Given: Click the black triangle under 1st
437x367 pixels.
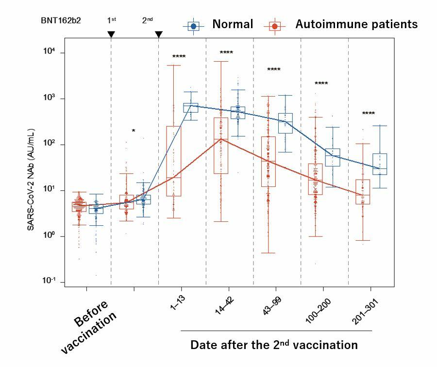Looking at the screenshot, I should (x=111, y=34).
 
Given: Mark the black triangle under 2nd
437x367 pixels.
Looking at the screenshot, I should (x=159, y=34).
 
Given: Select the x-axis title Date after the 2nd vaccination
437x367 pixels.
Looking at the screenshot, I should (x=274, y=345).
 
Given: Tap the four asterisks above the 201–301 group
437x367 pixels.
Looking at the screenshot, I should (x=369, y=114).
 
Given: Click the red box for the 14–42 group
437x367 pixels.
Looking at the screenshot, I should (x=221, y=146).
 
